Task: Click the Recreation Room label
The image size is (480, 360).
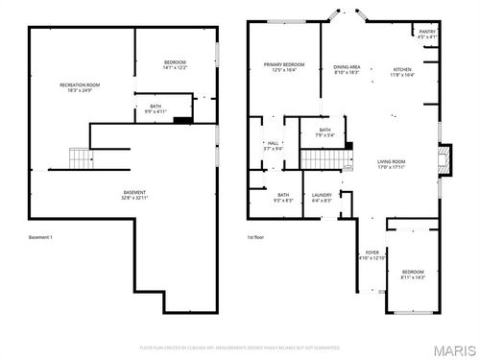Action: [x=80, y=88]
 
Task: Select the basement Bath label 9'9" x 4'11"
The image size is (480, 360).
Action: [x=156, y=109]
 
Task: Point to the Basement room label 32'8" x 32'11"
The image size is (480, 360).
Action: [x=134, y=195]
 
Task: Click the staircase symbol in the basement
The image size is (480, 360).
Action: [x=79, y=156]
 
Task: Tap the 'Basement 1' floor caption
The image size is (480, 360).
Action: [x=40, y=237]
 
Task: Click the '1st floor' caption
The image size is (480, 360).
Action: [x=254, y=237]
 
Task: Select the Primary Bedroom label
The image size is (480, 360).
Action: [x=283, y=67]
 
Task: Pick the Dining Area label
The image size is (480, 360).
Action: [x=347, y=69]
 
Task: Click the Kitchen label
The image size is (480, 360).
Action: [x=403, y=71]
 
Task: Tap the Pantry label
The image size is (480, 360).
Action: [x=427, y=36]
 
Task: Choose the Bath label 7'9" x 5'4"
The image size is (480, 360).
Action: [x=324, y=132]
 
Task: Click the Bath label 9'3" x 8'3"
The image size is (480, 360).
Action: [x=284, y=198]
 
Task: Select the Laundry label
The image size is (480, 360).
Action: [x=322, y=198]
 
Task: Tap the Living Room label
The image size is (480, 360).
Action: [x=391, y=163]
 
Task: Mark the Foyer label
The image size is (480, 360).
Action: [x=371, y=255]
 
